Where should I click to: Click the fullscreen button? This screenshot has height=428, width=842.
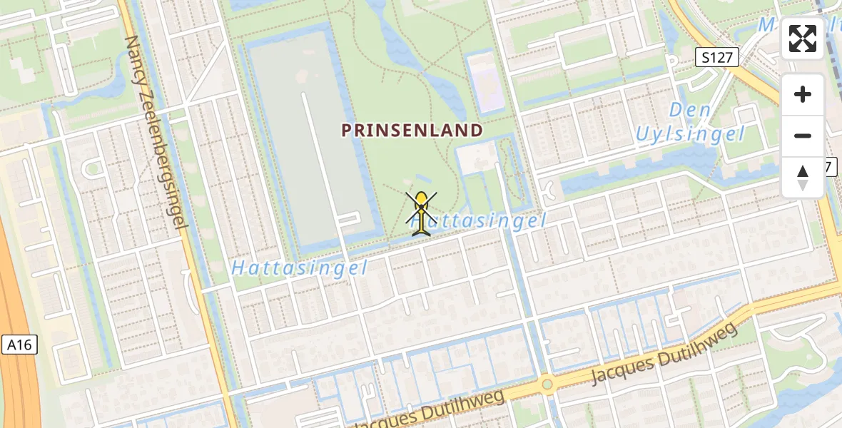tap(803, 39)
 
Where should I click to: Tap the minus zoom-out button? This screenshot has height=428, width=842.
tap(803, 136)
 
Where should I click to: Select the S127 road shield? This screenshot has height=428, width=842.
tap(717, 58)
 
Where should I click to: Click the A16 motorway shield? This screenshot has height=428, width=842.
tap(19, 345)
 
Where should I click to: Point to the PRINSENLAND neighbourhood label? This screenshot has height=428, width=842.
tap(412, 131)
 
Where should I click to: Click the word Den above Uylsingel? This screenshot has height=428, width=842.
tap(690, 111)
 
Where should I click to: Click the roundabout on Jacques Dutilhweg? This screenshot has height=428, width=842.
tap(547, 385)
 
